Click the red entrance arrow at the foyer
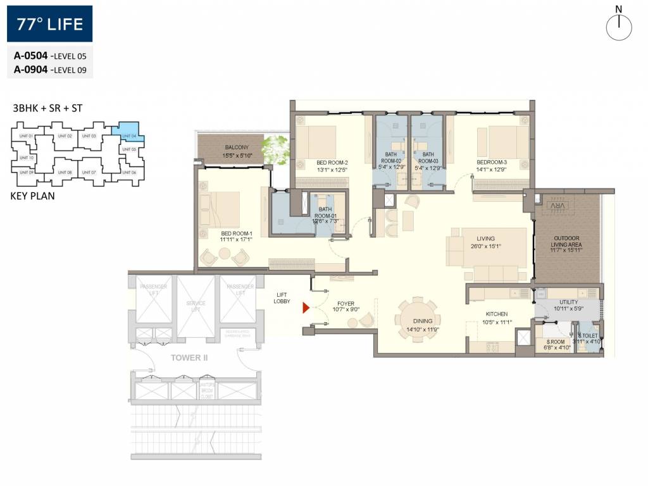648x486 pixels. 306,308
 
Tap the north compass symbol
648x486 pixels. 619,27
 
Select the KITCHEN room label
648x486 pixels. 497,314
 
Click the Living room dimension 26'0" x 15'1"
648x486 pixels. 485,247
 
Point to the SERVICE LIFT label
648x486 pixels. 196,307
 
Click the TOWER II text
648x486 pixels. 189,358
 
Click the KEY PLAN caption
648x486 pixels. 33,196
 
